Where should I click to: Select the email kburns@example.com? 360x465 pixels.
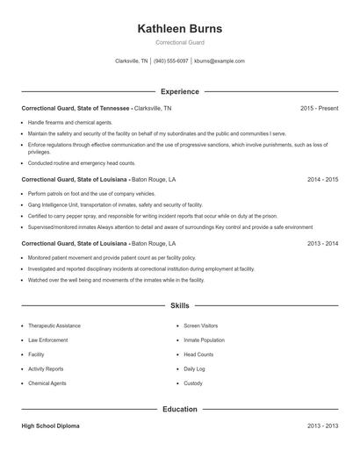pyautogui.click(x=220, y=61)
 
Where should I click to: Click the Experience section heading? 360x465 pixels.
pyautogui.click(x=180, y=91)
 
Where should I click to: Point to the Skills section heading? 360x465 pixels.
pyautogui.click(x=180, y=305)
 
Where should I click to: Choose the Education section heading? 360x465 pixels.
pyautogui.click(x=180, y=409)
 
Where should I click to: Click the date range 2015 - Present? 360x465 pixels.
pyautogui.click(x=319, y=108)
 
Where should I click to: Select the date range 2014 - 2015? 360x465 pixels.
pyautogui.click(x=322, y=179)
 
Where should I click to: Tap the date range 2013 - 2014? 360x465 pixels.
pyautogui.click(x=322, y=243)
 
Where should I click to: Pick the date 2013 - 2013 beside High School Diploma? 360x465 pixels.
pyautogui.click(x=322, y=426)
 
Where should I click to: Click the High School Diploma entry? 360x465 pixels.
pyautogui.click(x=50, y=426)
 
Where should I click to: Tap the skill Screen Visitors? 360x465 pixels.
pyautogui.click(x=201, y=325)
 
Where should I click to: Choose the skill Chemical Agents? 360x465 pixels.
pyautogui.click(x=46, y=383)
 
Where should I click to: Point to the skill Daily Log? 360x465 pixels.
pyautogui.click(x=194, y=369)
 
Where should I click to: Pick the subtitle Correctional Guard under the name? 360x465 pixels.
pyautogui.click(x=180, y=42)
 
